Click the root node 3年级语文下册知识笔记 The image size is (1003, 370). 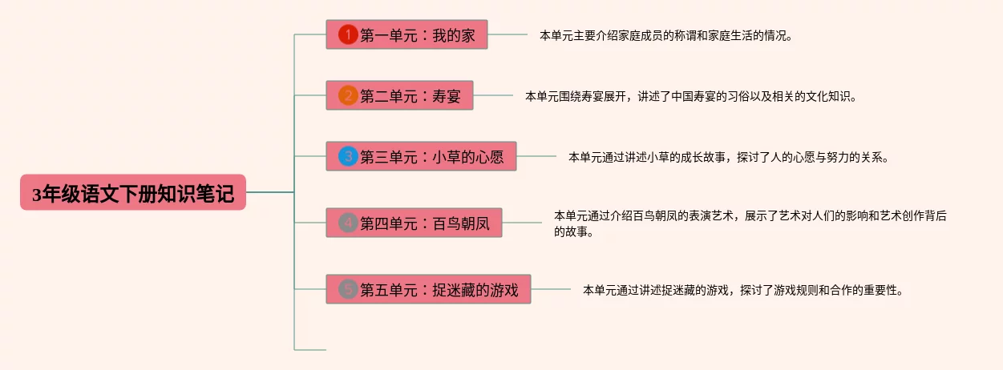pyautogui.click(x=133, y=193)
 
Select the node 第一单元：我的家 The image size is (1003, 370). pyautogui.click(x=406, y=35)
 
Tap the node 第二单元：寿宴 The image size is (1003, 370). pyautogui.click(x=399, y=96)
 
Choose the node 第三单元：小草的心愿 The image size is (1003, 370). pyautogui.click(x=421, y=157)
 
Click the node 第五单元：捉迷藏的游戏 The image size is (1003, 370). pyautogui.click(x=428, y=289)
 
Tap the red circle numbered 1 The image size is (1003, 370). pyautogui.click(x=348, y=35)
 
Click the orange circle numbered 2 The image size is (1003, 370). pyautogui.click(x=348, y=96)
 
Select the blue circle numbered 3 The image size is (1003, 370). pyautogui.click(x=348, y=157)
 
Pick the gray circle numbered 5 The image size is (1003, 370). pyautogui.click(x=348, y=289)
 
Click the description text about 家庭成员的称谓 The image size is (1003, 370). pyautogui.click(x=665, y=36)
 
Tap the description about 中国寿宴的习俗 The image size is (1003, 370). pyautogui.click(x=691, y=97)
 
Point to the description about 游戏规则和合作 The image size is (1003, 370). pyautogui.click(x=743, y=290)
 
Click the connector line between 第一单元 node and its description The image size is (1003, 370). pyautogui.click(x=508, y=35)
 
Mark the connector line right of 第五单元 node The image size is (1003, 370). pyautogui.click(x=551, y=289)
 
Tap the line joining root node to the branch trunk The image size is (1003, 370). pyautogui.click(x=270, y=193)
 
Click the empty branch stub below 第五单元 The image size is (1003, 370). pyautogui.click(x=310, y=349)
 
